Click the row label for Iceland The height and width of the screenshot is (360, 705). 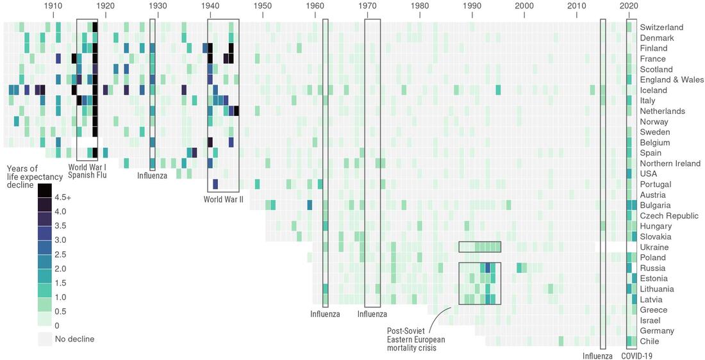coord(654,90)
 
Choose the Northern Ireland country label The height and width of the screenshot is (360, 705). coord(670,163)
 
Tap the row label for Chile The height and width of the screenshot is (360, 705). coord(650,341)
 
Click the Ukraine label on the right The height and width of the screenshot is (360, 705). coord(654,247)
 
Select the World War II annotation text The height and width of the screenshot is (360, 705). coord(224,199)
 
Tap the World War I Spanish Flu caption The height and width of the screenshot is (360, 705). coord(87,171)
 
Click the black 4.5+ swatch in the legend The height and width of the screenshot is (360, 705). coord(44,190)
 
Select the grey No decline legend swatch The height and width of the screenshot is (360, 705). coord(44,339)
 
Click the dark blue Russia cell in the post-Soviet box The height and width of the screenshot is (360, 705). coord(488,268)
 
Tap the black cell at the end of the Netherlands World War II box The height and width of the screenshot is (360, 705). coord(236,111)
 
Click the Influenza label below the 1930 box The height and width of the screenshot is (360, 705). coord(152,176)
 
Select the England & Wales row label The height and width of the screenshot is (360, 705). coord(672,80)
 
